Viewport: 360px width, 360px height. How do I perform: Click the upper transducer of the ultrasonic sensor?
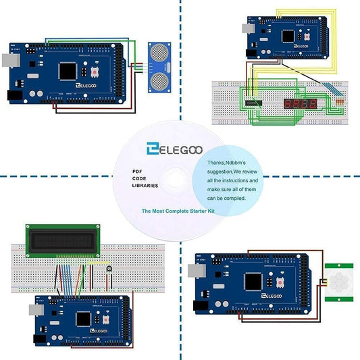pos(157,53)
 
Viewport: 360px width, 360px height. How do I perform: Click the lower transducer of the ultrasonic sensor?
pos(157,80)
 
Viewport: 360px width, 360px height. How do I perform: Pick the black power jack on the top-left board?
pos(16,95)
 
